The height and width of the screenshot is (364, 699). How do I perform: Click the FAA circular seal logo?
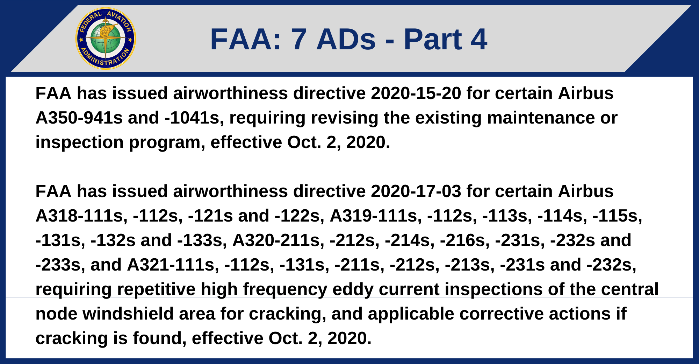[106, 38]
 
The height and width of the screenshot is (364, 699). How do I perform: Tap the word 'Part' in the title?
[432, 39]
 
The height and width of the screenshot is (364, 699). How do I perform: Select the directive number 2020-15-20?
[416, 93]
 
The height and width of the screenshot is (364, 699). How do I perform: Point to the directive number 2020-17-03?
[416, 191]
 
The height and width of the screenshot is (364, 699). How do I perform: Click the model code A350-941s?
[79, 118]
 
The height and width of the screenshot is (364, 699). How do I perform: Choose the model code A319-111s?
[376, 216]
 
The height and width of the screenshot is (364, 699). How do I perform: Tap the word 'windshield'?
[128, 314]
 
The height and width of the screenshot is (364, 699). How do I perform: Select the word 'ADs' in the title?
[346, 39]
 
